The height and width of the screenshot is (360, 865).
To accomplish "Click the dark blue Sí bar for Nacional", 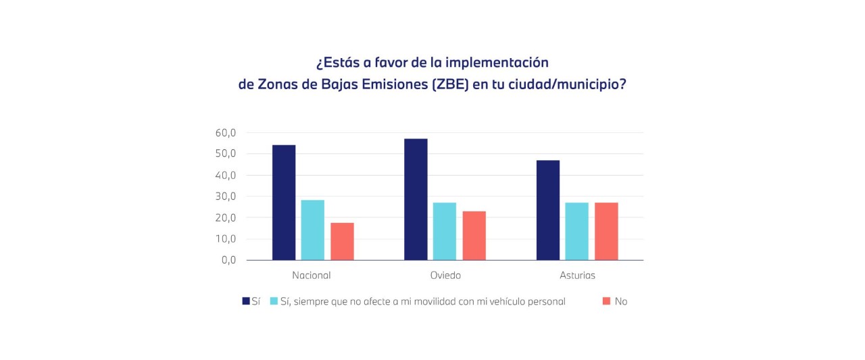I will (x=284, y=203).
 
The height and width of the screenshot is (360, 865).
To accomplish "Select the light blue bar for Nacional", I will (x=312, y=230).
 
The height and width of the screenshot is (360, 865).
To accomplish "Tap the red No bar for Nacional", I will (x=342, y=242).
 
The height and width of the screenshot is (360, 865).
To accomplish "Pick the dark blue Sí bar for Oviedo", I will (x=416, y=199).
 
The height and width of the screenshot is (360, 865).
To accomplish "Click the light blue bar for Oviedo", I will (x=445, y=232).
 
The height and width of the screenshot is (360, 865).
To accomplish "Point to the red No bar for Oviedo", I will (x=474, y=236).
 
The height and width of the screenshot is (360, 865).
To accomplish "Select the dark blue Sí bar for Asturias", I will (x=548, y=210).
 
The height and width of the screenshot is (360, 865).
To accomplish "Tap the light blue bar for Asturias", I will (x=577, y=232).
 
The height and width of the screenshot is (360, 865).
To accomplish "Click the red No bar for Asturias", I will (x=606, y=232).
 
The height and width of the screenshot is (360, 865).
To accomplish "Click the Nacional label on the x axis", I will (x=312, y=276).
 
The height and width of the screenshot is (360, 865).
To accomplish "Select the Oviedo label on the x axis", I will (x=445, y=276).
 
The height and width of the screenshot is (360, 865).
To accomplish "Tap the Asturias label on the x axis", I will (x=578, y=276).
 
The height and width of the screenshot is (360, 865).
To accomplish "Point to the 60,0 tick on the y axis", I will (x=226, y=133).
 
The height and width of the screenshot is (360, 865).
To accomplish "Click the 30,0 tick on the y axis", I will (x=226, y=197).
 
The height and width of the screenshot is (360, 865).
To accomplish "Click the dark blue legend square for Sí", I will (x=246, y=301).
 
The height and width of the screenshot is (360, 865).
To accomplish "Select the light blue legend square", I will (x=274, y=301).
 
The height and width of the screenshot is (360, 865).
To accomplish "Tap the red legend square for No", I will (x=606, y=301).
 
